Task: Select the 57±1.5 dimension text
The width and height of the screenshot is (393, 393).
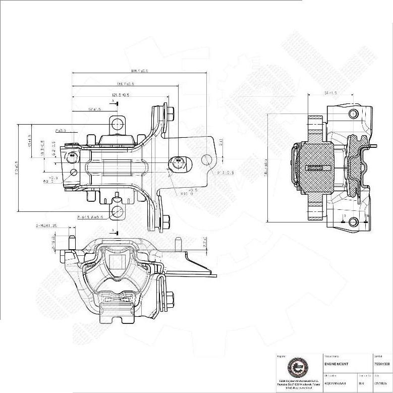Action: [94, 109]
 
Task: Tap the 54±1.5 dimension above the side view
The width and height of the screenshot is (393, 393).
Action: [330, 93]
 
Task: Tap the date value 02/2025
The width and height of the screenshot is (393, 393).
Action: [379, 383]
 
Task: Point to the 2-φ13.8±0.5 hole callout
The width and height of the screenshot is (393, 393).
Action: [90, 217]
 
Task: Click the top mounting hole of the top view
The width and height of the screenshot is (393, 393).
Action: [118, 123]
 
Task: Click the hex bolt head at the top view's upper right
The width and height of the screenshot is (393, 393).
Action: [170, 113]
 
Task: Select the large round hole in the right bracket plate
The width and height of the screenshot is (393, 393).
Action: [206, 160]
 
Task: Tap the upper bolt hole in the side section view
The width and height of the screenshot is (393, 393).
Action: [353, 114]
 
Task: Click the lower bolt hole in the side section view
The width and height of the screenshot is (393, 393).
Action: [353, 221]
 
